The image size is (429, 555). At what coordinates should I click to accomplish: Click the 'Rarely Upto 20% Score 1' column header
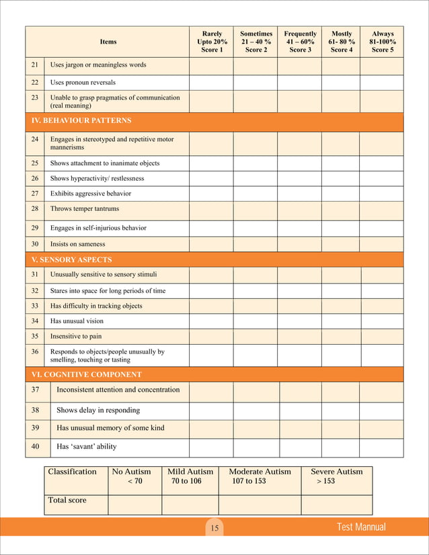point(212,42)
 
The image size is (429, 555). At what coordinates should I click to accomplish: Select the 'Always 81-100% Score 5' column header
point(383,42)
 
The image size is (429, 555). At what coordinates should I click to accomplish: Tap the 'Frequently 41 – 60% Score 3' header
point(300,42)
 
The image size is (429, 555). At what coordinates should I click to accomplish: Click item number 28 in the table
point(35,209)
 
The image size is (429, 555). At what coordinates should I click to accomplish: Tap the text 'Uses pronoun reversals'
point(83,82)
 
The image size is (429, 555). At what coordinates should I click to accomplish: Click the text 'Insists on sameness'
point(78,244)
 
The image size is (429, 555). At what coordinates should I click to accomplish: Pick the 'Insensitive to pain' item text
point(76,336)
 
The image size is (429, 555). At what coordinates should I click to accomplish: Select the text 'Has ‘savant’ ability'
point(90,446)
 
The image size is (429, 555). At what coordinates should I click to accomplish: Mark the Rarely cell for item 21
point(211,65)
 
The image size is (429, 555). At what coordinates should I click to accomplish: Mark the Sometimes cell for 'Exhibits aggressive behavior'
point(255,194)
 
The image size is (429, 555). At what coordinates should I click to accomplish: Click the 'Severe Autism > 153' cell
point(336,476)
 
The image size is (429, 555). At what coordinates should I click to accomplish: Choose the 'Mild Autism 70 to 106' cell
point(190,476)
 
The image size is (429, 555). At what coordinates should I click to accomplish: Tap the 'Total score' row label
point(67,501)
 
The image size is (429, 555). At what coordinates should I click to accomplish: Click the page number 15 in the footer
point(214,529)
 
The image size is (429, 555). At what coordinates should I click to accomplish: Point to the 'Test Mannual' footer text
point(361,527)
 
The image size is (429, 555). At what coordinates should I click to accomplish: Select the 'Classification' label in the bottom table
point(72,472)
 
